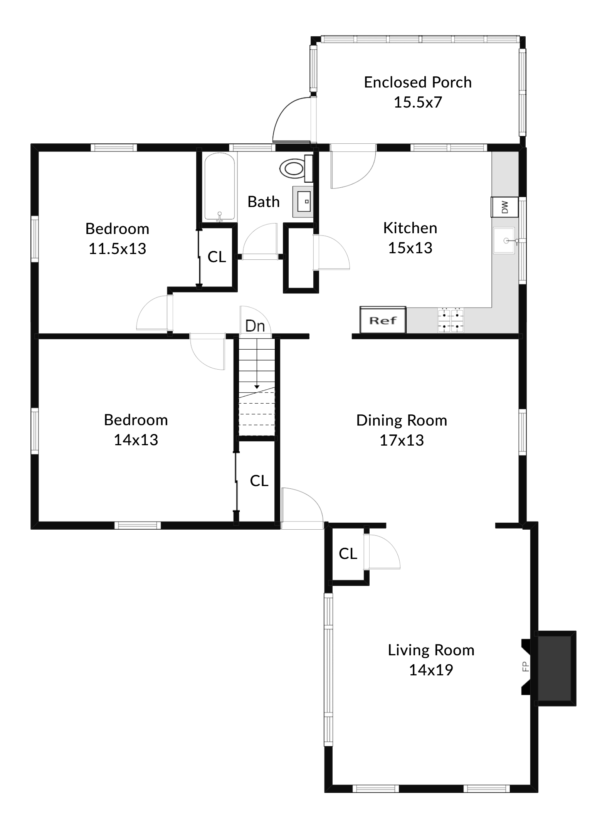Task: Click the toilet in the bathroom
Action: click(x=295, y=168)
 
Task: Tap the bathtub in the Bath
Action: click(x=219, y=187)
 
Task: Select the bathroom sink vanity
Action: click(x=304, y=202)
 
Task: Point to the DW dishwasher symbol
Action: click(x=504, y=207)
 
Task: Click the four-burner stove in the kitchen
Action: click(x=451, y=320)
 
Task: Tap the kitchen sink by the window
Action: click(x=504, y=241)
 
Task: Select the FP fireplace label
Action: click(x=525, y=666)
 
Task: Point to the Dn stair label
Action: click(x=255, y=326)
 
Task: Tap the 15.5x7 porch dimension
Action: click(x=418, y=103)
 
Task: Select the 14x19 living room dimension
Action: click(x=430, y=670)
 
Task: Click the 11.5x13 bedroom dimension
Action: click(x=117, y=249)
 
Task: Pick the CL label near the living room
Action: click(x=348, y=554)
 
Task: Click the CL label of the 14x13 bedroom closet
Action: click(x=259, y=481)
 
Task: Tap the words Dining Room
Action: click(x=402, y=420)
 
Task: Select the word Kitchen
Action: click(x=410, y=228)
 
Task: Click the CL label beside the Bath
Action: click(x=217, y=257)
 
